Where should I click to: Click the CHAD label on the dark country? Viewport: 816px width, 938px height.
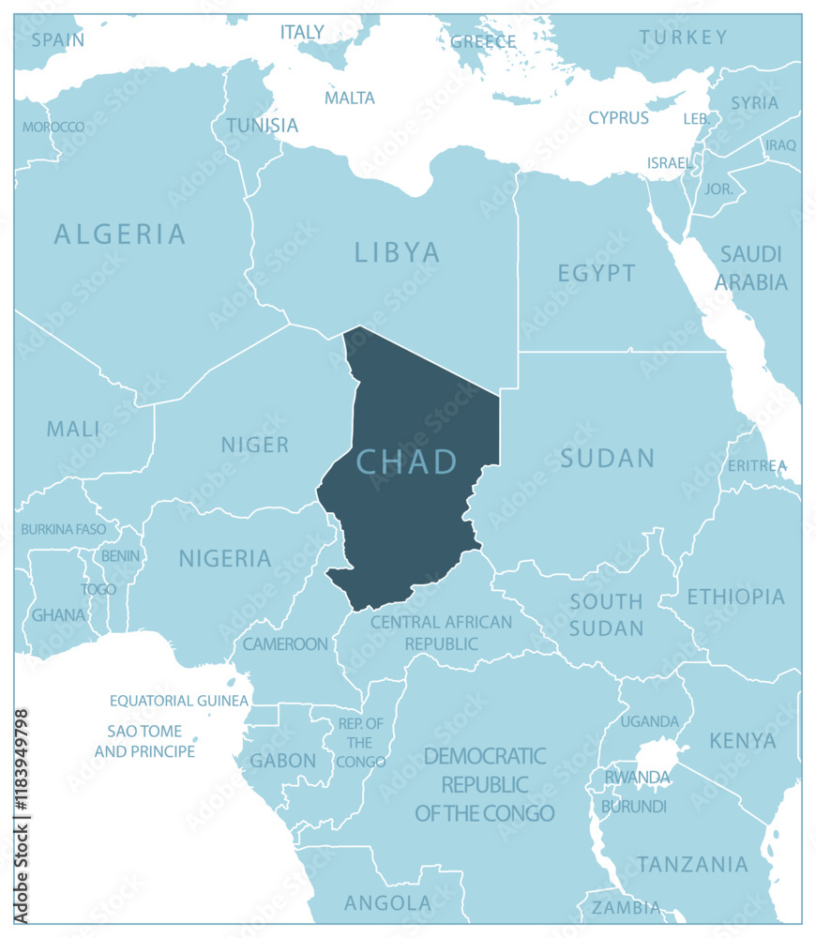pos(407,461)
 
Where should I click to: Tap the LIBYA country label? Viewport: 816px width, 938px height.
pos(398,252)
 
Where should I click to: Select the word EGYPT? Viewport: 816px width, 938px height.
pos(597,273)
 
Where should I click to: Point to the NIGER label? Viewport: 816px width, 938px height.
pos(255,445)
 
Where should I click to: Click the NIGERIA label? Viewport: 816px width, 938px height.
pos(225,559)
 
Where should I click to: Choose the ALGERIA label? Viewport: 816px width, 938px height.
pos(120,234)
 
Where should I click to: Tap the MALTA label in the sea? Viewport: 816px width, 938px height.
pos(350,98)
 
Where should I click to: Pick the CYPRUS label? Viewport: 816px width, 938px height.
pos(618,118)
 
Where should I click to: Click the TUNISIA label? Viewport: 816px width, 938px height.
pos(263,126)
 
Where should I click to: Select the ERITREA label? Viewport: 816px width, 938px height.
pos(757,465)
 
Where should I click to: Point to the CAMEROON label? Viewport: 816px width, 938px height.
pos(285,644)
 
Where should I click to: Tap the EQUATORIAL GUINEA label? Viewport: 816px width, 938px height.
pos(179,701)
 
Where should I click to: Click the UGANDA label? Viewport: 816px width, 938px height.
pos(649,721)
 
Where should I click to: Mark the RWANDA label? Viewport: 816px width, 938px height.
pos(637,778)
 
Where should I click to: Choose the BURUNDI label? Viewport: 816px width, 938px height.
pos(634,806)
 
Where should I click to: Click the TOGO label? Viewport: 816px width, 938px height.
pos(98,589)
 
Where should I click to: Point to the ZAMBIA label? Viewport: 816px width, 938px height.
pos(625,907)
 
